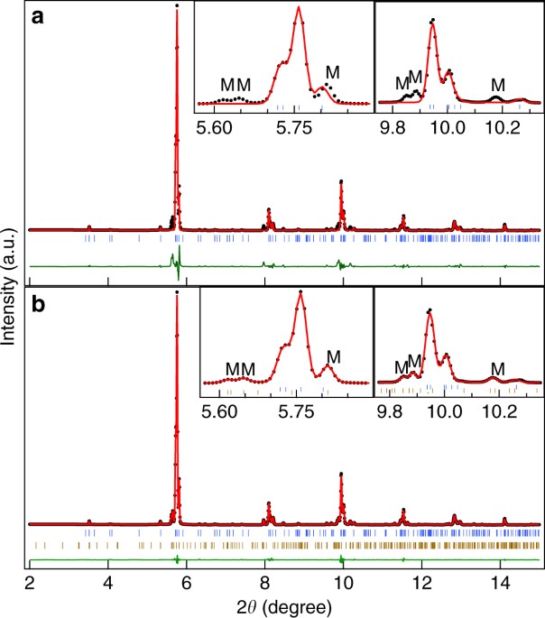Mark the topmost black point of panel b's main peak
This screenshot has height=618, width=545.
tap(177, 291)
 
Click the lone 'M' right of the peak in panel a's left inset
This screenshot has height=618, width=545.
tap(333, 71)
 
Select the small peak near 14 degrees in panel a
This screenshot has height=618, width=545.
tap(504, 224)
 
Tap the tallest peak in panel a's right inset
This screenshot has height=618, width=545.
tap(433, 20)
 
